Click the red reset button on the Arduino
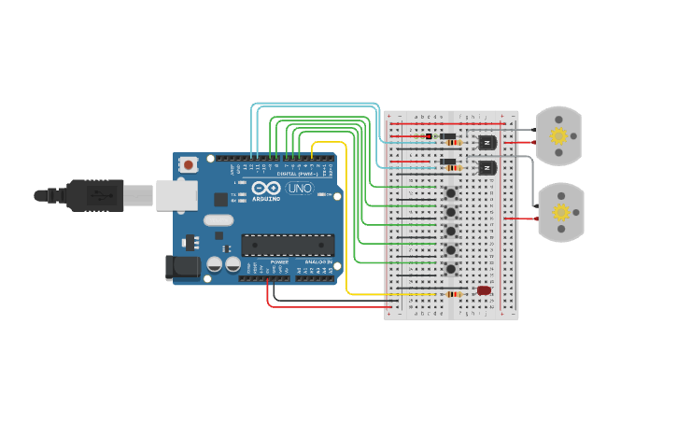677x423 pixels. tap(189, 165)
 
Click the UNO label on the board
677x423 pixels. tap(299, 189)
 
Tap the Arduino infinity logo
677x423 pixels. tap(265, 189)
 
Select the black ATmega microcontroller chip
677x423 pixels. tap(288, 246)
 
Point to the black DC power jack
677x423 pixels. tap(182, 267)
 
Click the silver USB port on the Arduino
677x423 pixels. tap(176, 195)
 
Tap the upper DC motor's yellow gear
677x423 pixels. tap(558, 136)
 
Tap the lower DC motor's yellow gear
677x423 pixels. tap(560, 212)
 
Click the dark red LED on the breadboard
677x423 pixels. tap(484, 290)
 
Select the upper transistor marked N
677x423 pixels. tap(487, 143)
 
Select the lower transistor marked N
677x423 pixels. tap(487, 168)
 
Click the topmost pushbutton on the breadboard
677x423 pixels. tap(451, 193)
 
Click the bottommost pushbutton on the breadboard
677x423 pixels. tap(451, 269)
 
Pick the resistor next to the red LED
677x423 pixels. tap(453, 294)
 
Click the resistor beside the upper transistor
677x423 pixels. tap(453, 143)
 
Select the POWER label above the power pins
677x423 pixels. tap(279, 262)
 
